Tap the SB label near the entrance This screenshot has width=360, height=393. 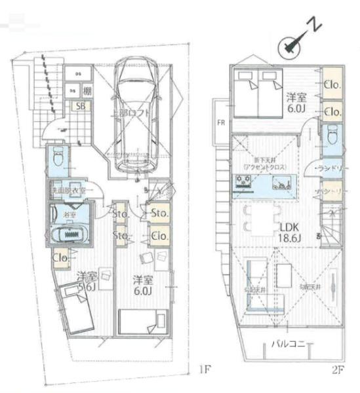click(81, 106)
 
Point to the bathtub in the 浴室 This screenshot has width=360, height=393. click(70, 233)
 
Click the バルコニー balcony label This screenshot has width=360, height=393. click(289, 344)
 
